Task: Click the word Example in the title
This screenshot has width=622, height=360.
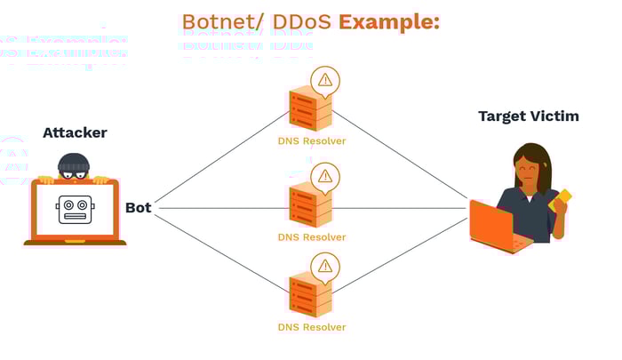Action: tap(389, 21)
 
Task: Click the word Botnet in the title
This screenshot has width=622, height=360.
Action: tap(211, 21)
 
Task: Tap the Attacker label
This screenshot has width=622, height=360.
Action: tap(75, 132)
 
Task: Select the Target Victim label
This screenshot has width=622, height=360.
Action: tap(529, 116)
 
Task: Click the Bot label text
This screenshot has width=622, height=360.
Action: tap(138, 207)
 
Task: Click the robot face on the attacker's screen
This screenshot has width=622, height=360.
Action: tap(76, 209)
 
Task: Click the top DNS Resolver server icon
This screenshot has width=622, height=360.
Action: tap(310, 109)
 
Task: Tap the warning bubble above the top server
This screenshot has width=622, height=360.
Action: tap(324, 80)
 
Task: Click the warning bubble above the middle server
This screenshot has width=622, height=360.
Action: tap(324, 175)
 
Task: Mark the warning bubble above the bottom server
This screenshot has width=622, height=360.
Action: tap(324, 265)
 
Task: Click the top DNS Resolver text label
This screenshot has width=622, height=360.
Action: tap(311, 140)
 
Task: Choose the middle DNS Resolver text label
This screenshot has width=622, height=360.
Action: tap(311, 237)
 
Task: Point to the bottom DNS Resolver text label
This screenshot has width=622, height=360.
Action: tap(311, 326)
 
